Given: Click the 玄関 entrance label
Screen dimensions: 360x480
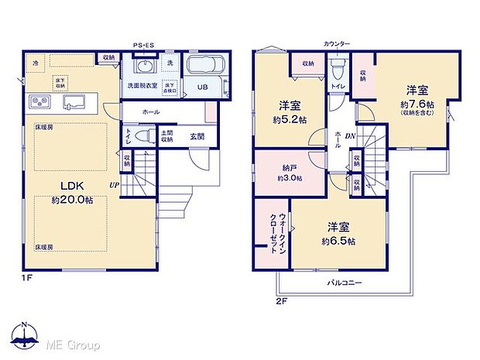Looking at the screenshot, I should pos(196,137).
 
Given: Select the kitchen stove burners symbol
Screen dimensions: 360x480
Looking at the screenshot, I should pos(39,102).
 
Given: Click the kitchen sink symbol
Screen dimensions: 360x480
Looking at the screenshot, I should pos(74,102).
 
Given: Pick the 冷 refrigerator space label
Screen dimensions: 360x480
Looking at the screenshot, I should pos(36,61).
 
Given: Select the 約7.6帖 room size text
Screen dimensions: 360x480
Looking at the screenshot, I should pos(417,104).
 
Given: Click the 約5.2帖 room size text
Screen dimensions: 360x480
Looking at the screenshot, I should pos(290,121).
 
